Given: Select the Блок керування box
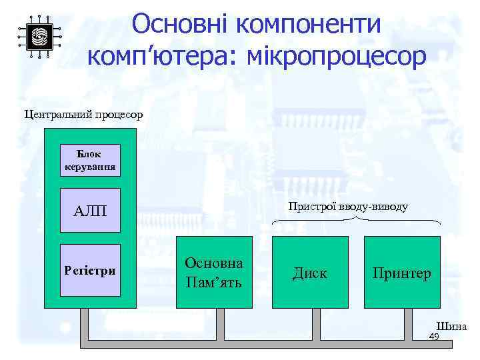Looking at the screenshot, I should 90,160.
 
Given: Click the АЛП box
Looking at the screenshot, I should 90,211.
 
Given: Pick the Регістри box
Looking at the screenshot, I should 90,271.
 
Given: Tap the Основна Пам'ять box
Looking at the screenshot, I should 214,272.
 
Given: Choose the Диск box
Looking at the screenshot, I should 310,272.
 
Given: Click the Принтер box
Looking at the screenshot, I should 402,272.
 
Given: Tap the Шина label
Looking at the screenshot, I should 451,327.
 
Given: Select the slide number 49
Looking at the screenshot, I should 433,337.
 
